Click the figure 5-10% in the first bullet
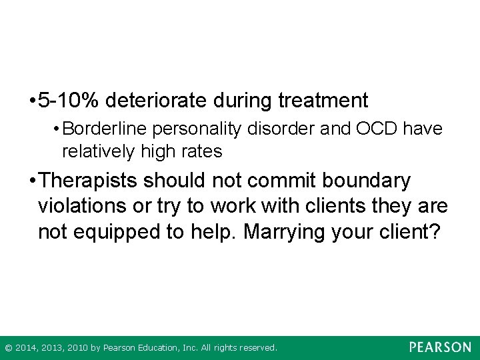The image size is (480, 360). (x=68, y=101)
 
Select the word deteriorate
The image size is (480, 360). (x=157, y=101)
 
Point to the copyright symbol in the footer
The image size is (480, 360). (x=8, y=348)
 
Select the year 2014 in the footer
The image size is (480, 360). (x=25, y=348)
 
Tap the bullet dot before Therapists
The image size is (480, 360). (x=31, y=181)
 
